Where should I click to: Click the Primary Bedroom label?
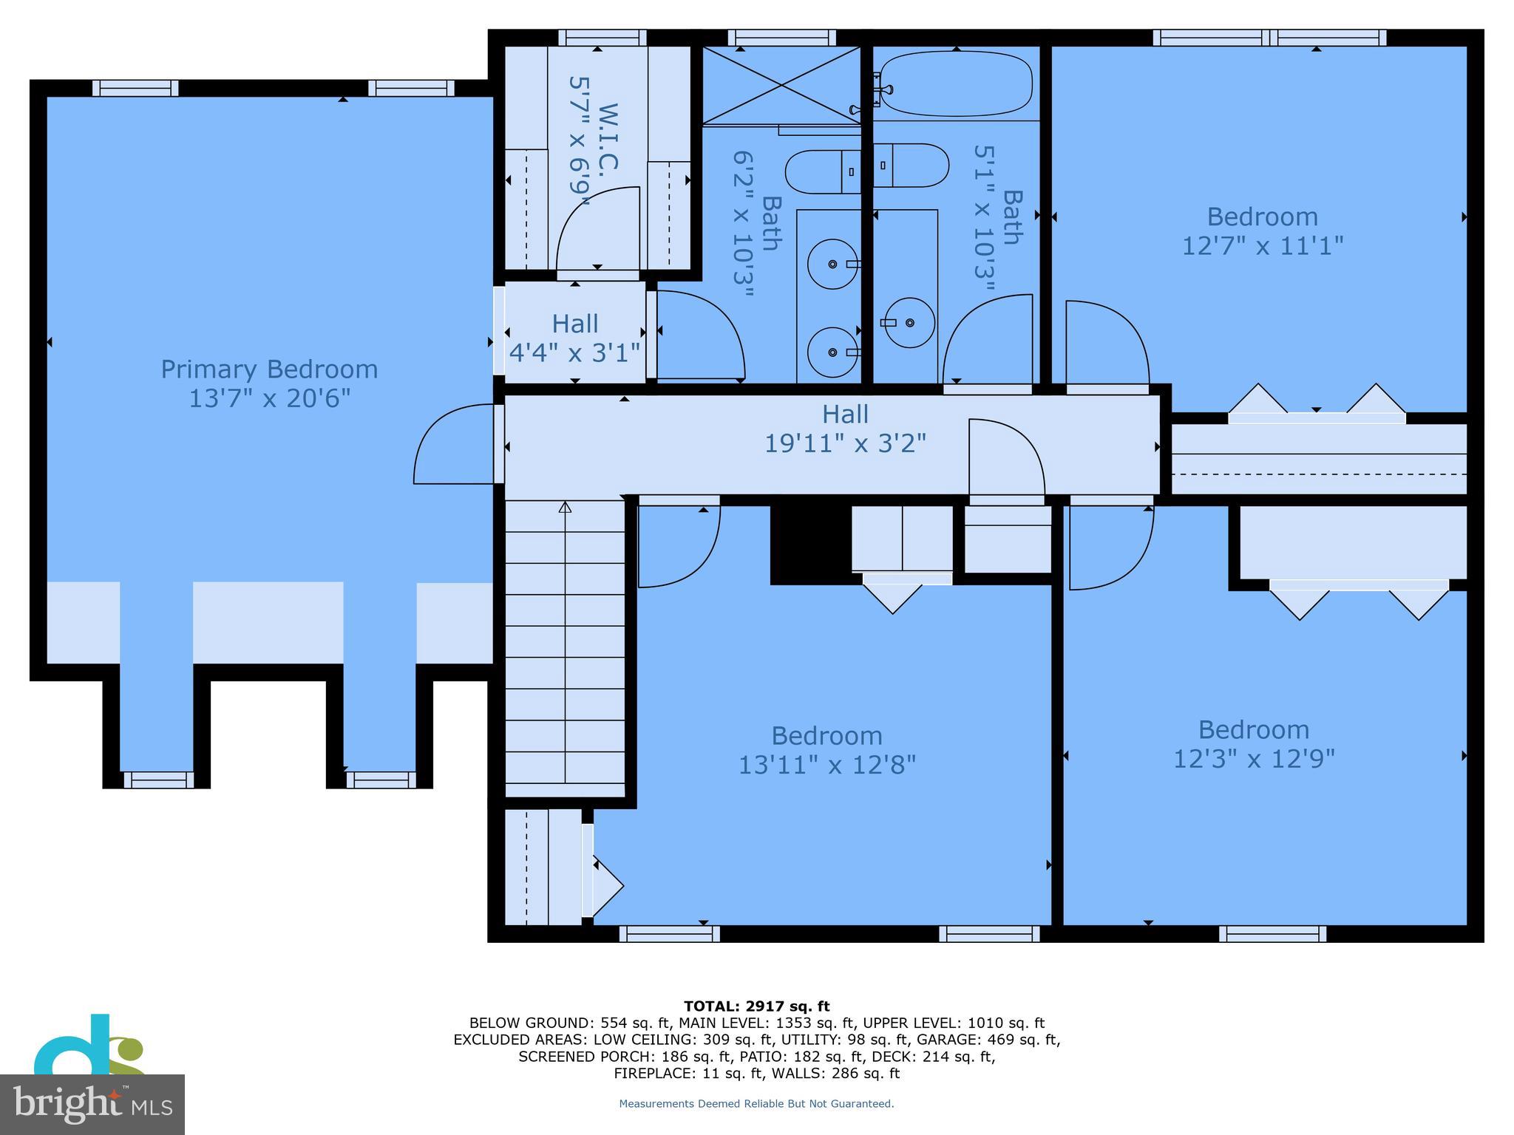point(269,369)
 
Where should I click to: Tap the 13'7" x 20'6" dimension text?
point(269,399)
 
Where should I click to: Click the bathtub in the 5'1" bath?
point(956,83)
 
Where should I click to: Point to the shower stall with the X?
point(781,85)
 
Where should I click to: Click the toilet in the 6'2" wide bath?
point(822,171)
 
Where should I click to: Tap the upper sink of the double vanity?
point(833,264)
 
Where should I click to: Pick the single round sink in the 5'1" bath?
point(909,323)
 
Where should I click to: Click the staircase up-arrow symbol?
point(565,507)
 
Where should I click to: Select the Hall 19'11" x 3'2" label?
point(845,429)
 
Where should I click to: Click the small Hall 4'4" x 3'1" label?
point(574,338)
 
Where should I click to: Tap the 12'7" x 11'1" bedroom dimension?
point(1262,245)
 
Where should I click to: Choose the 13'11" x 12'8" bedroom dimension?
point(826,765)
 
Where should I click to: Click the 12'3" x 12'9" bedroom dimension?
point(1254,759)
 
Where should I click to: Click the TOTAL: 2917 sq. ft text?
point(756,1006)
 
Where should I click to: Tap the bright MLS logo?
point(92,1104)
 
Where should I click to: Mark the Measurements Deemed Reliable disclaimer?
point(756,1104)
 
